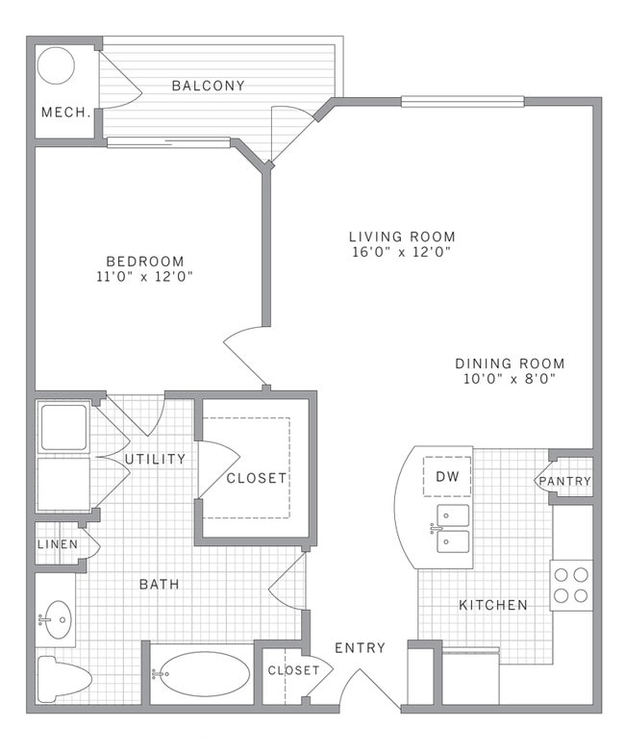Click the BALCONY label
pyautogui.click(x=208, y=86)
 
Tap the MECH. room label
pyautogui.click(x=65, y=113)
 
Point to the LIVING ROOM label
pyautogui.click(x=401, y=237)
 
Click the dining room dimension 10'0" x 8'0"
pyautogui.click(x=510, y=379)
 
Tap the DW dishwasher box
pyautogui.click(x=446, y=475)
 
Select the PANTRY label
pyautogui.click(x=564, y=482)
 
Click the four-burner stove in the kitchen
pyautogui.click(x=571, y=585)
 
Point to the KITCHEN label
pyautogui.click(x=492, y=605)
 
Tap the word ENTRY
pyautogui.click(x=360, y=648)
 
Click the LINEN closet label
pyautogui.click(x=57, y=544)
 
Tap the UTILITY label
pyautogui.click(x=155, y=460)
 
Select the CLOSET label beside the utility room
pyautogui.click(x=256, y=478)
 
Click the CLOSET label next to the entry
pyautogui.click(x=293, y=670)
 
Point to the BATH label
pyautogui.click(x=159, y=584)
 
